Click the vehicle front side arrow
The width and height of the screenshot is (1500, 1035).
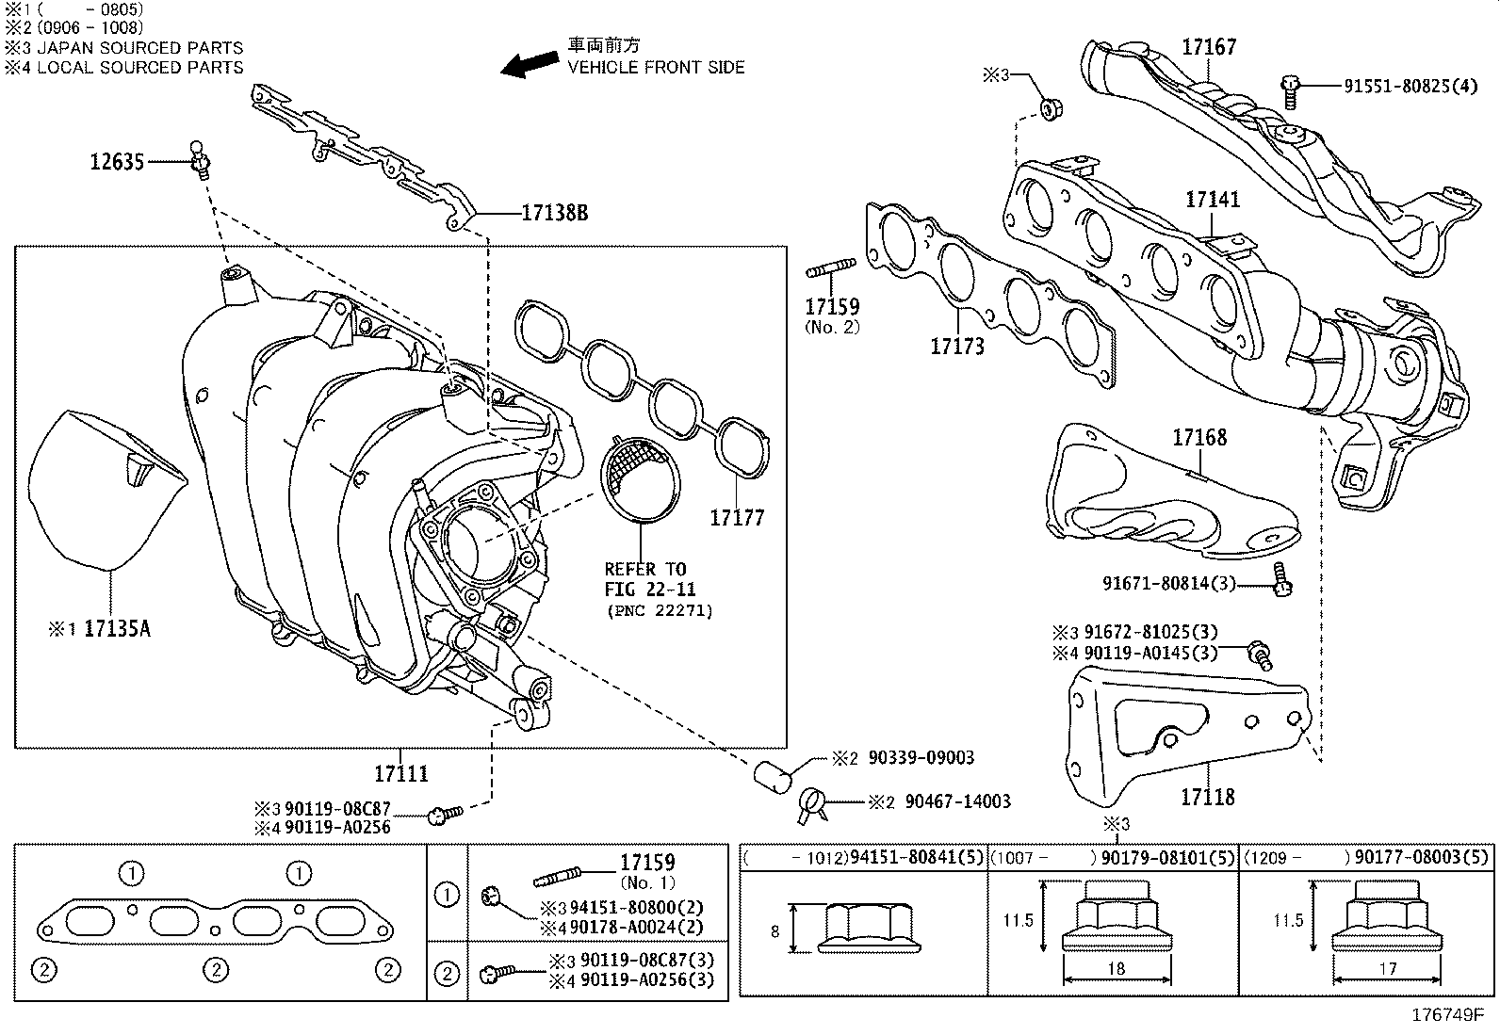click(528, 63)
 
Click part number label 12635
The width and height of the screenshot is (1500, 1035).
click(117, 162)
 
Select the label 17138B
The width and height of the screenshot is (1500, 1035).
click(554, 214)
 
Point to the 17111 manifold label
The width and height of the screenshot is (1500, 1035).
click(400, 774)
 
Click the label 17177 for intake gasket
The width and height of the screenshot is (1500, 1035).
click(737, 517)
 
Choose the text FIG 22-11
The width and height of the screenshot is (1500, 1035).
click(650, 590)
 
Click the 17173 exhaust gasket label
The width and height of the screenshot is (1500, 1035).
click(956, 347)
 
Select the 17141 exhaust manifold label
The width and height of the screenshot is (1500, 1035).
click(1212, 200)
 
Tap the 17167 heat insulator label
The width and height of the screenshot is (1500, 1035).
click(1209, 46)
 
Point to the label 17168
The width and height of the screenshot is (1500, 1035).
click(1199, 437)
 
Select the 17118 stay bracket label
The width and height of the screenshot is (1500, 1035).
click(1207, 797)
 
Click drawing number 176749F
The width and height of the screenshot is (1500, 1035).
click(1446, 1016)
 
